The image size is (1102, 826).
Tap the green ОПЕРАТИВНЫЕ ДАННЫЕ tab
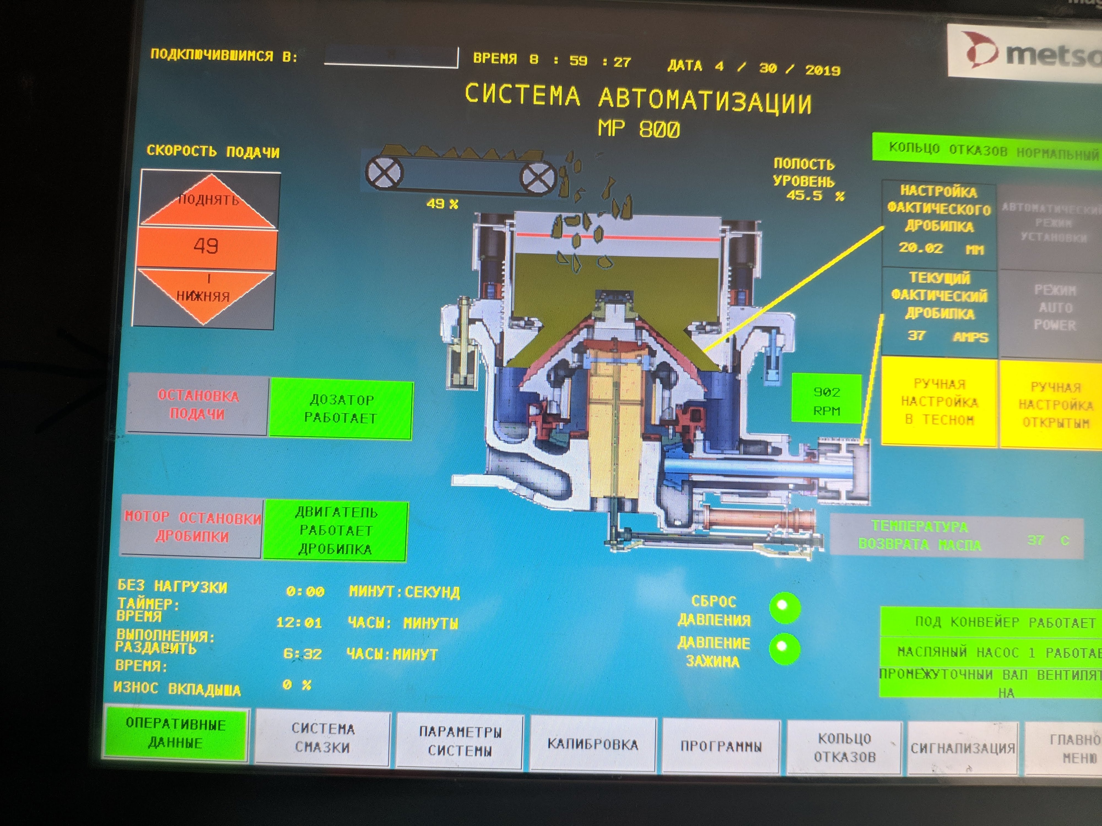point(175,733)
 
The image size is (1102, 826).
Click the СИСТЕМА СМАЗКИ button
point(323,738)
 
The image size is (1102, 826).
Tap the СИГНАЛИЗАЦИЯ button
point(963,748)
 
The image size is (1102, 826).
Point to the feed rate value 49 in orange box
point(206,246)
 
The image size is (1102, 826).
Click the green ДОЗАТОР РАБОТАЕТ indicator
point(341,409)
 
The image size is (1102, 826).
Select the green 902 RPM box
point(827,401)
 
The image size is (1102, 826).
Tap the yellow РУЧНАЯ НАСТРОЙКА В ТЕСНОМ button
point(939,401)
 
